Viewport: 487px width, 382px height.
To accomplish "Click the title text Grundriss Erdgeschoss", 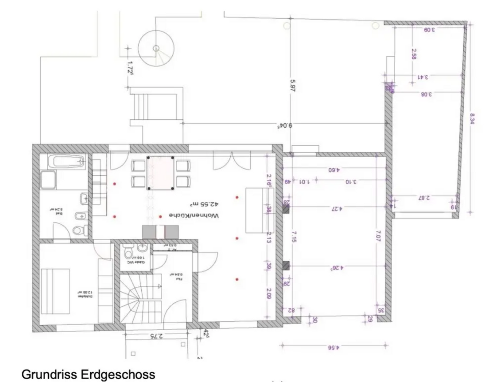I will pyautogui.click(x=88, y=374).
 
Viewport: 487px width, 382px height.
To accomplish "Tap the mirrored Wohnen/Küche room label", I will pyautogui.click(x=194, y=215).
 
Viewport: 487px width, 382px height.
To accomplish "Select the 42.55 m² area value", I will pyautogui.click(x=204, y=204).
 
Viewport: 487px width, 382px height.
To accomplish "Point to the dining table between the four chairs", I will pyautogui.click(x=160, y=173).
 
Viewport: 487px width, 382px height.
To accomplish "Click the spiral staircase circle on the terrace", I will pyautogui.click(x=156, y=48).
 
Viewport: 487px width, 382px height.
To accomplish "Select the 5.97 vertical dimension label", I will pyautogui.click(x=293, y=85).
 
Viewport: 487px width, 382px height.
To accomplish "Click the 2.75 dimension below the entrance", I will pyautogui.click(x=156, y=336).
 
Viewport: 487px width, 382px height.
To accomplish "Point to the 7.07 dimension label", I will pyautogui.click(x=378, y=236).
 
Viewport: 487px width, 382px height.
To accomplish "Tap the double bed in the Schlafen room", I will pyautogui.click(x=55, y=291).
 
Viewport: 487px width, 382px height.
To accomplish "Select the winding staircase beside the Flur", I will pyautogui.click(x=135, y=297).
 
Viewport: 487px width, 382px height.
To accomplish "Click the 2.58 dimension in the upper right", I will pyautogui.click(x=414, y=54).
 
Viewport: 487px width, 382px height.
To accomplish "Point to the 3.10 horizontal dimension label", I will pyautogui.click(x=351, y=181).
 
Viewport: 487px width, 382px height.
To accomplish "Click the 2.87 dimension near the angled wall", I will pyautogui.click(x=423, y=198).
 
